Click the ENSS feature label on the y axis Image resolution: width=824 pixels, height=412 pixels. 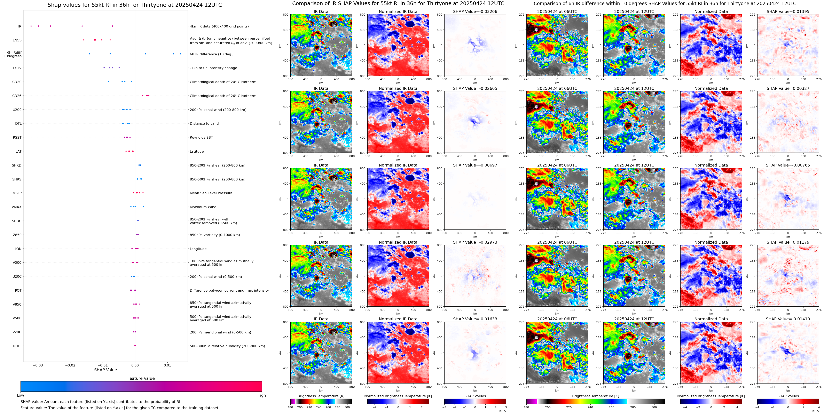pyautogui.click(x=17, y=40)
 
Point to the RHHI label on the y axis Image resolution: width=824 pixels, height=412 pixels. pyautogui.click(x=17, y=346)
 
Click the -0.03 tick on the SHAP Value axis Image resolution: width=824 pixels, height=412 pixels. pyautogui.click(x=38, y=365)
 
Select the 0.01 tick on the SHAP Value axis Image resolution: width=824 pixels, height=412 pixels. pyautogui.click(x=167, y=365)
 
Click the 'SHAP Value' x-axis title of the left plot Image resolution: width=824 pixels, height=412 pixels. pyautogui.click(x=105, y=370)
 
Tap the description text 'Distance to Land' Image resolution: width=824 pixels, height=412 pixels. pyautogui.click(x=204, y=123)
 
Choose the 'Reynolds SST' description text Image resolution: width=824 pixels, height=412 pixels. pyautogui.click(x=201, y=137)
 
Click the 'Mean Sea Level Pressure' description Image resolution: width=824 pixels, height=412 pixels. pyautogui.click(x=211, y=193)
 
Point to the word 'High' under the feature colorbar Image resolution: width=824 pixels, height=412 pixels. pyautogui.click(x=261, y=395)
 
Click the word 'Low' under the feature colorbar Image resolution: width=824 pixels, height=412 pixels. pyautogui.click(x=21, y=395)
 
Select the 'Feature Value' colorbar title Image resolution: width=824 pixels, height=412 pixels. pyautogui.click(x=141, y=378)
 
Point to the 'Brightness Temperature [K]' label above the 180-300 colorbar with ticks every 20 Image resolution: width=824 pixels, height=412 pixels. pyautogui.click(x=321, y=396)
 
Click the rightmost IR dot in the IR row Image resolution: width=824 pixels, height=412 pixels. pyautogui.click(x=112, y=26)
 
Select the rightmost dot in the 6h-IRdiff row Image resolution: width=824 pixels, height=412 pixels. pyautogui.click(x=180, y=54)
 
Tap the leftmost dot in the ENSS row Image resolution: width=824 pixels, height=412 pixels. pyautogui.click(x=84, y=40)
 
